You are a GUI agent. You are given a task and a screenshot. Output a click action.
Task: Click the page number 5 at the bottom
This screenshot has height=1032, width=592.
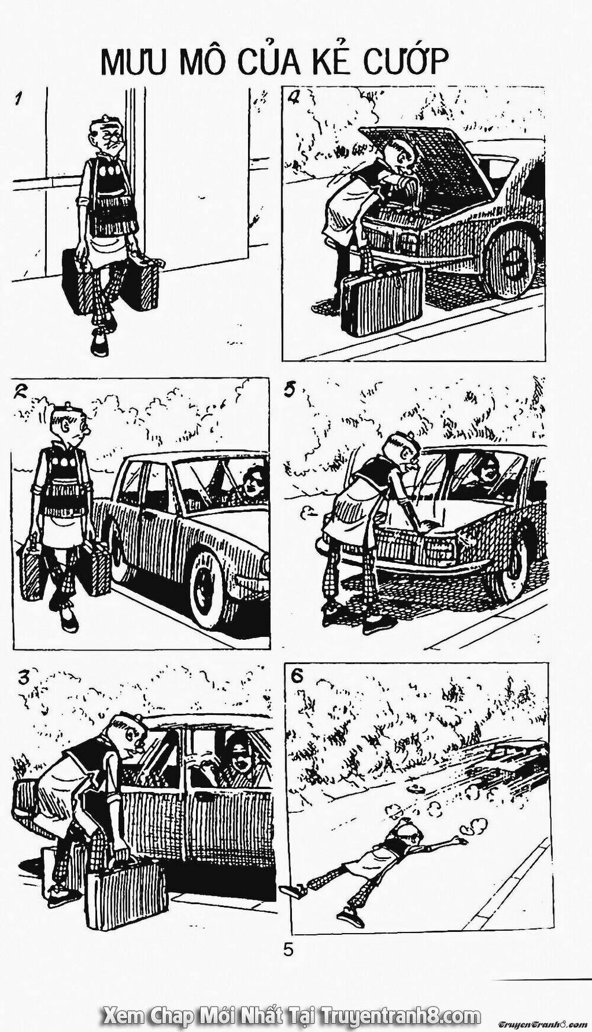[x=288, y=950]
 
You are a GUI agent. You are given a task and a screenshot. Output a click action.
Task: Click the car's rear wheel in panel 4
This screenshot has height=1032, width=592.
[x=510, y=261]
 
